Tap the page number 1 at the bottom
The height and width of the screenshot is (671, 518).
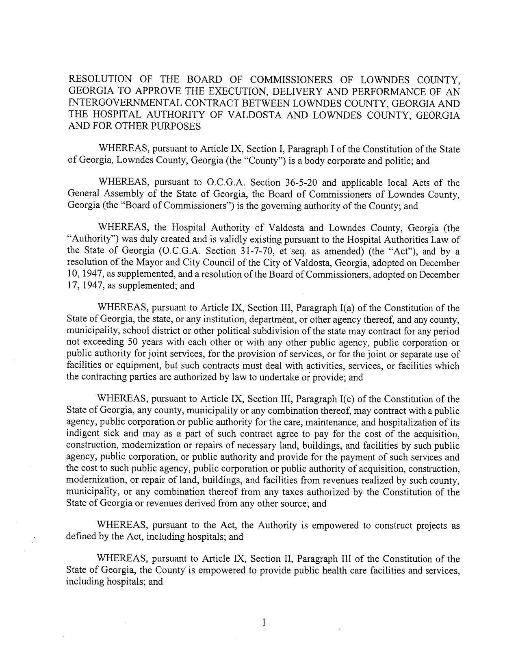coord(264,622)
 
